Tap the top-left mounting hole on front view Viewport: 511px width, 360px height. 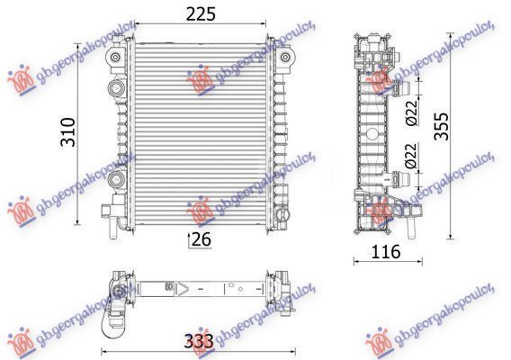coord(116,58)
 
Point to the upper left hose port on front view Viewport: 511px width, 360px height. coord(115,88)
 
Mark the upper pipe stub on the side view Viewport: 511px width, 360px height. coord(400,88)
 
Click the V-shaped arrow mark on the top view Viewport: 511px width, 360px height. coord(183,290)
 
